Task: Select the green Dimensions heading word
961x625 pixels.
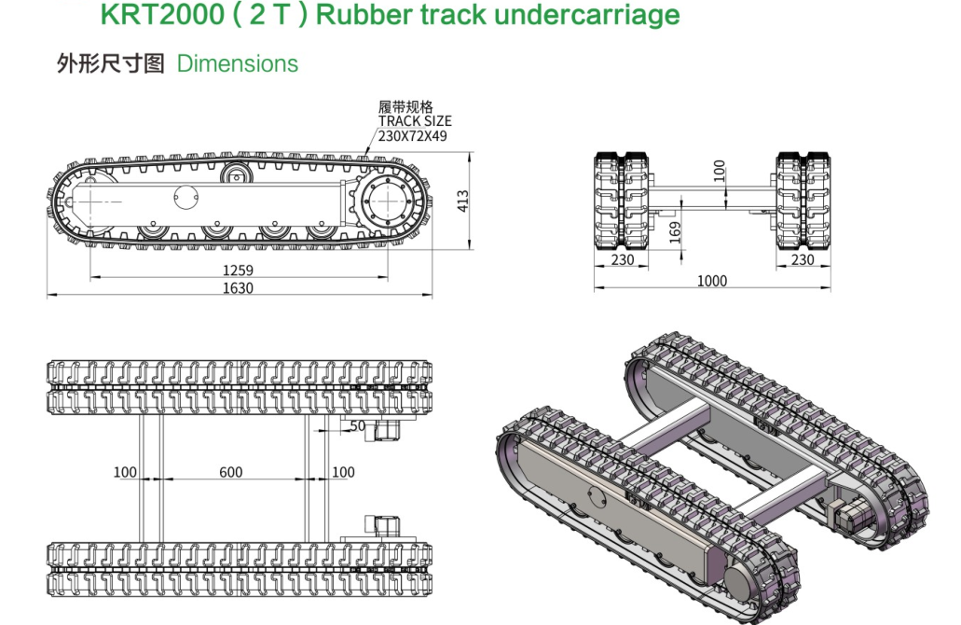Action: (237, 64)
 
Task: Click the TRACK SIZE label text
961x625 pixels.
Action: (415, 121)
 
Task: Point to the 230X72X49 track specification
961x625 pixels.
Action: (413, 135)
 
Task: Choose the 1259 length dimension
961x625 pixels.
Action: (237, 271)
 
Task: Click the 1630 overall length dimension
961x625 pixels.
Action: (237, 288)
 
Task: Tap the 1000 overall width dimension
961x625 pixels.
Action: (712, 281)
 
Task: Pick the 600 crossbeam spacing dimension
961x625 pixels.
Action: (230, 472)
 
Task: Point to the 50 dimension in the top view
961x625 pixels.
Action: (358, 425)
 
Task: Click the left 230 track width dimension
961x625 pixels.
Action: (623, 260)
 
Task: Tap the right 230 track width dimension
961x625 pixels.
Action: (803, 260)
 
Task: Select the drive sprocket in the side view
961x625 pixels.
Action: (386, 200)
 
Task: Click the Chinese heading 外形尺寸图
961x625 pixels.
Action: (111, 64)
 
